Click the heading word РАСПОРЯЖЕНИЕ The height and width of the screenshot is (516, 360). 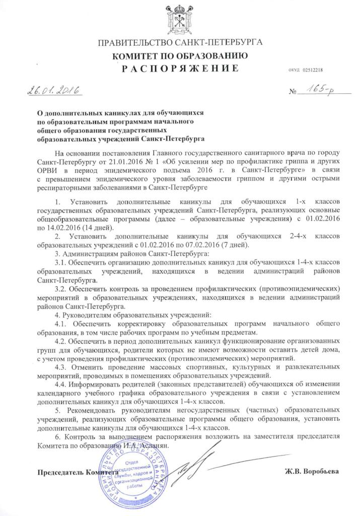(x=179, y=69)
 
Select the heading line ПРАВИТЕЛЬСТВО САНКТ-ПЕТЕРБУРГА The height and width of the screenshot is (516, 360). (x=180, y=42)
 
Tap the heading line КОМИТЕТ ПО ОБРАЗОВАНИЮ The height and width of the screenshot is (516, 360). (x=180, y=55)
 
